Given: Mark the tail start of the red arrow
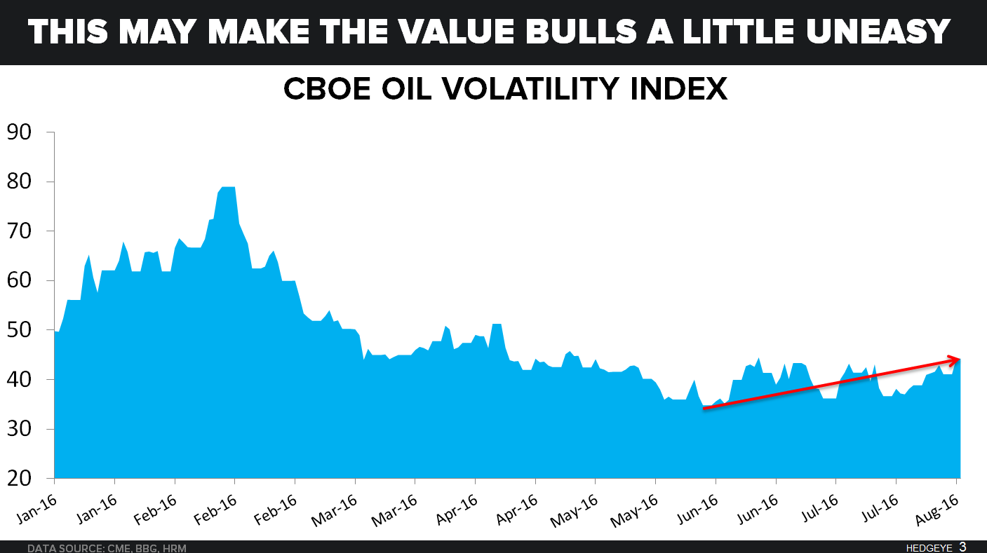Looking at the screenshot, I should (x=704, y=408).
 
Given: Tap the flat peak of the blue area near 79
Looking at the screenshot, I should (x=227, y=188).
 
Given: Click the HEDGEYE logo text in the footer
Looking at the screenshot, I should (x=929, y=547).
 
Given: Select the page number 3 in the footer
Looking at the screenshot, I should (x=963, y=546).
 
